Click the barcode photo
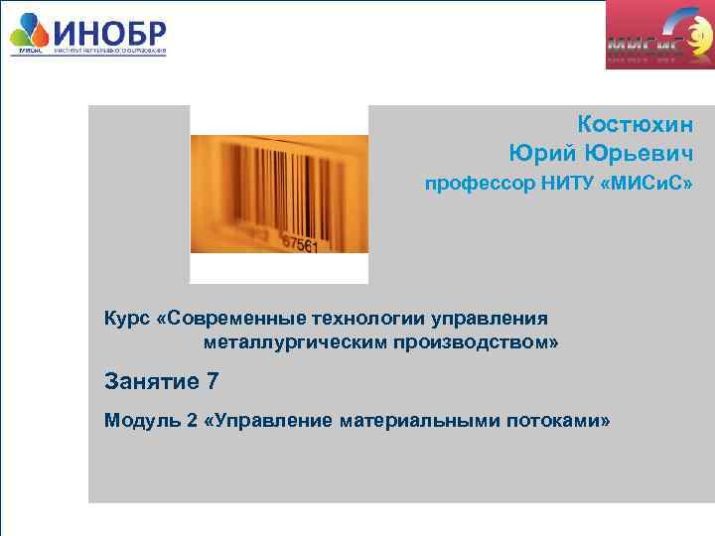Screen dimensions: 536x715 tap(278, 194)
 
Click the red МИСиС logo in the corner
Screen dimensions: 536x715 tap(659, 37)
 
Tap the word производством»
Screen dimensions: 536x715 tap(482, 342)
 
